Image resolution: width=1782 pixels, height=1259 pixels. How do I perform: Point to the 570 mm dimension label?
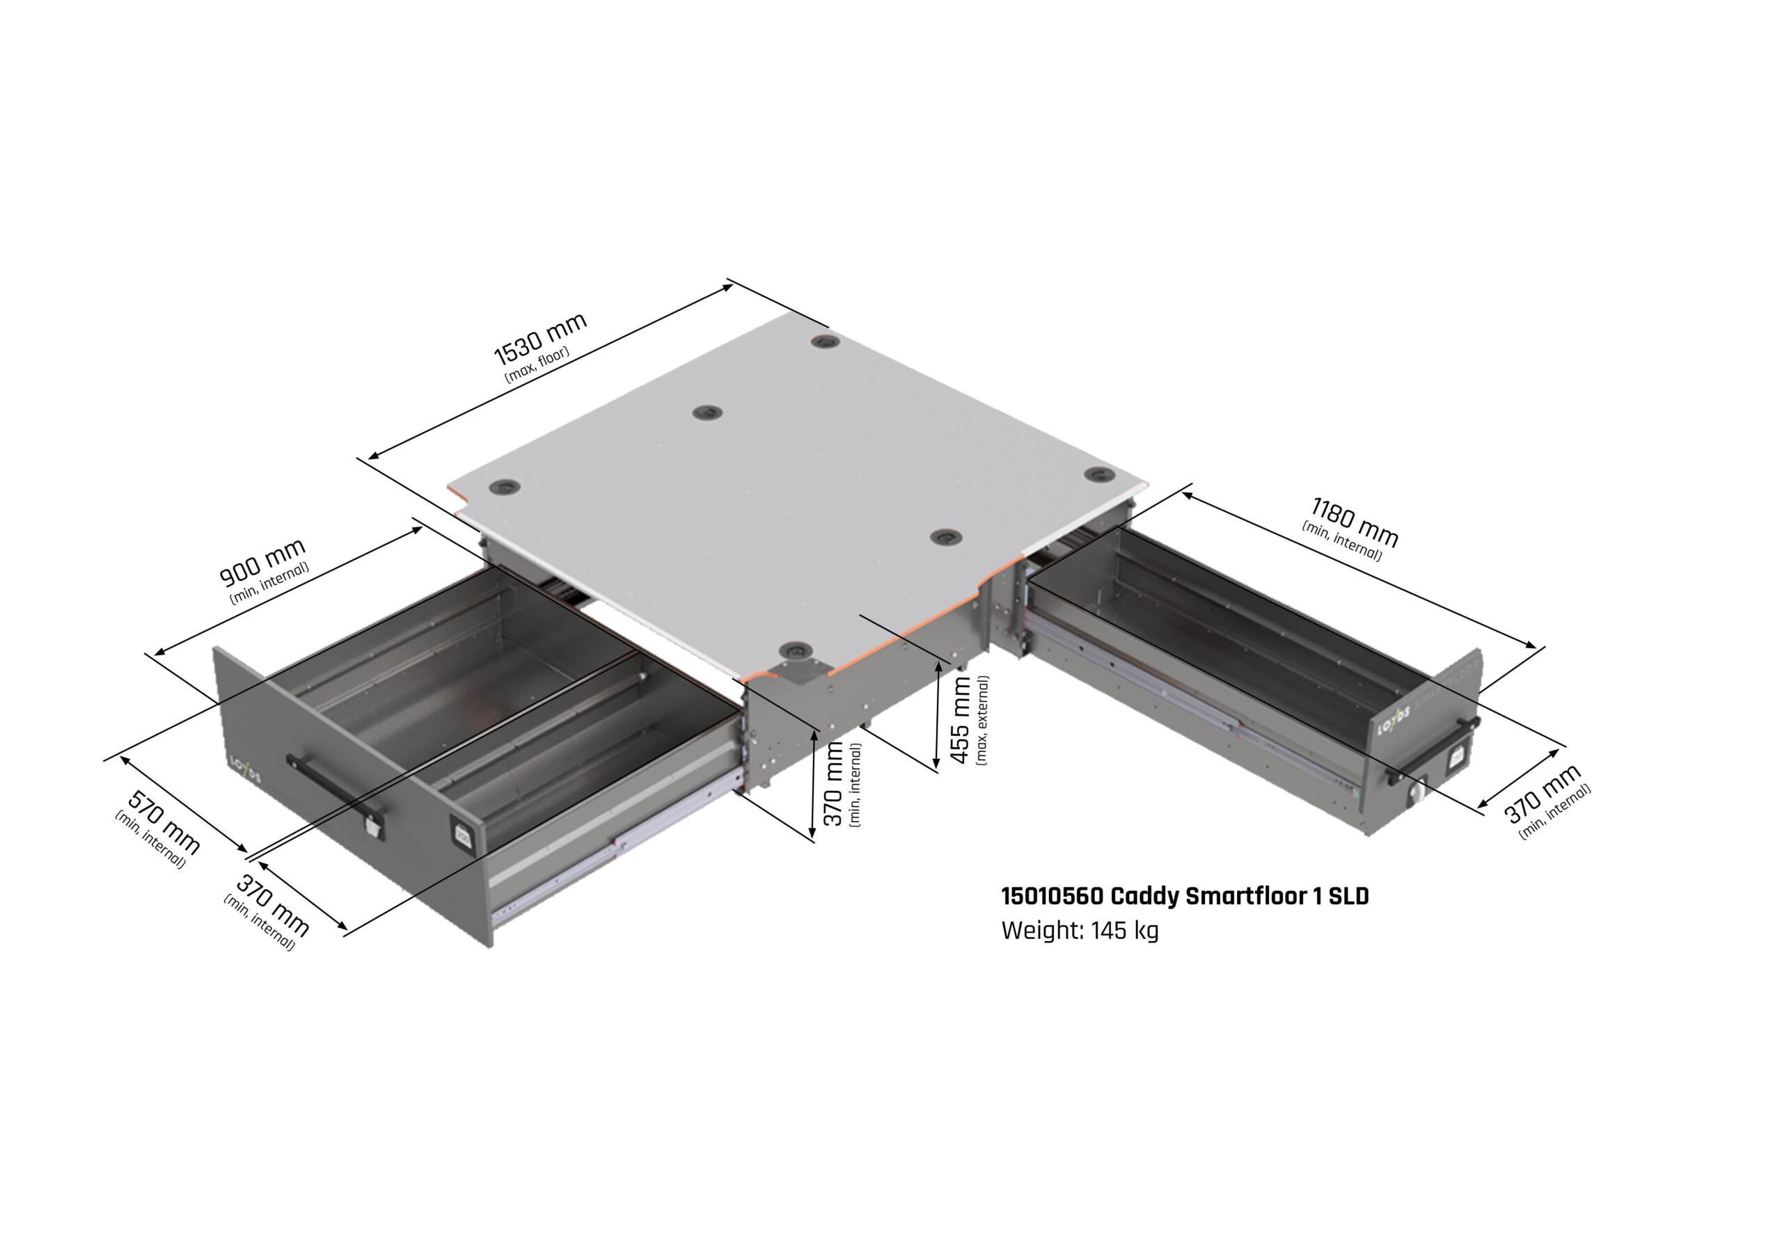[164, 822]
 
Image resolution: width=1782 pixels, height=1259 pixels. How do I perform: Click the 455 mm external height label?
[960, 719]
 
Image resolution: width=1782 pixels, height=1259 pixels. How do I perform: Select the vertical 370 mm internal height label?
[833, 783]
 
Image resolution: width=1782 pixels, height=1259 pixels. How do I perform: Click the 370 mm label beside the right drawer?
[1542, 793]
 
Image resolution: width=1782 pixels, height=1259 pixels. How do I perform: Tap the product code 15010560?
[1052, 896]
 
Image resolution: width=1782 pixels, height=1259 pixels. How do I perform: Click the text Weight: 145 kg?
[1080, 930]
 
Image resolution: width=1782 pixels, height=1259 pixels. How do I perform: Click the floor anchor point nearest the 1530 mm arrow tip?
[822, 342]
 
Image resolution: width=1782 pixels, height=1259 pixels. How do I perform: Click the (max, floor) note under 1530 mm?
[537, 364]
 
